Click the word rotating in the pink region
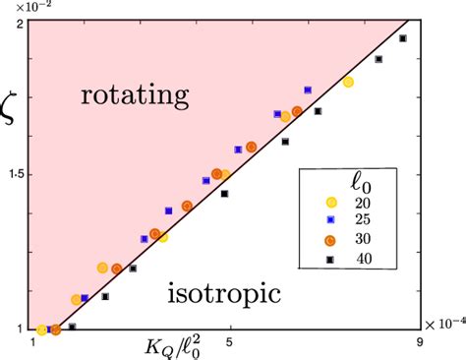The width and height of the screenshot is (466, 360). (134, 95)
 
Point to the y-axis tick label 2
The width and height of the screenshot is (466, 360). (21, 24)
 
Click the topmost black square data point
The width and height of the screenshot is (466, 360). (403, 38)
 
